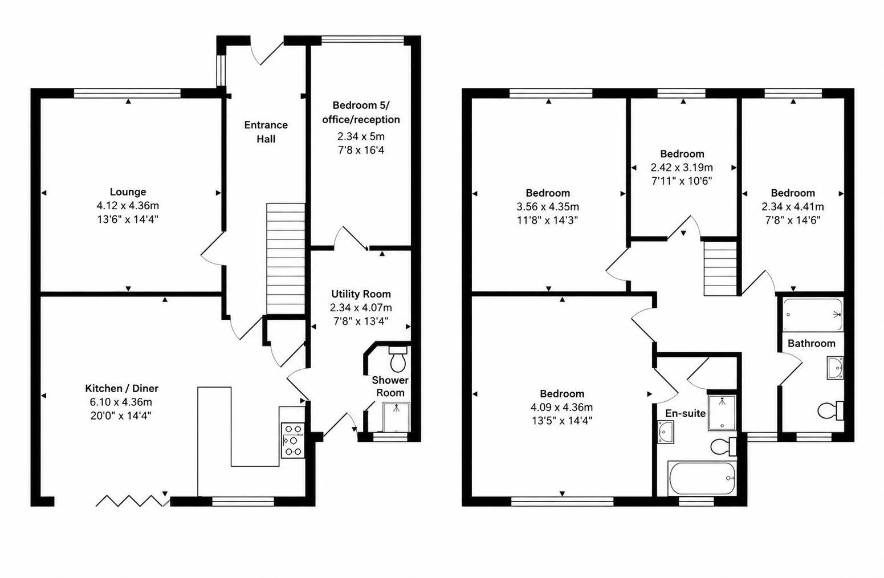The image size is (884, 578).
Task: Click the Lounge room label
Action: pos(128,192)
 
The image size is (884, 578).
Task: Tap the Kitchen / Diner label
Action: pos(121,389)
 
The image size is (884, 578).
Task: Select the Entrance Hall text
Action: pos(266,132)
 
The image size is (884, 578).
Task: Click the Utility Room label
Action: pos(361,294)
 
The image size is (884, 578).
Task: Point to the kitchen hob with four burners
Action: pos(292,440)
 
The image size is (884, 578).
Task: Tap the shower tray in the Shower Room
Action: pos(396,417)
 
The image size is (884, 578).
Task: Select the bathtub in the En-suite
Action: pos(702,478)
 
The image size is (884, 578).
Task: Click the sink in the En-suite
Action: pos(666,432)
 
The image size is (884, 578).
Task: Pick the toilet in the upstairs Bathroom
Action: pos(831,410)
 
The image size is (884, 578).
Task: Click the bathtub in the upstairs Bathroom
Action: pos(813,315)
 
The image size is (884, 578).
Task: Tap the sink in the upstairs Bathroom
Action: pos(836,368)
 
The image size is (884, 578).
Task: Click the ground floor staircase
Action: pos(286,259)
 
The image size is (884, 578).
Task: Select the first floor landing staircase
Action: pos(720,268)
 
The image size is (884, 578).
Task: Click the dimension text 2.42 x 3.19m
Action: pos(682,168)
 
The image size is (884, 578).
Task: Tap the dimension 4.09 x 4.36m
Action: pos(562,407)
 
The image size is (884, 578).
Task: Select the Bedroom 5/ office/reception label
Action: pos(361,112)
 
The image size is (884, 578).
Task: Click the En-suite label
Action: pos(686,413)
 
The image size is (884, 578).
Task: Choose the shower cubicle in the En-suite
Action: pos(722,413)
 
